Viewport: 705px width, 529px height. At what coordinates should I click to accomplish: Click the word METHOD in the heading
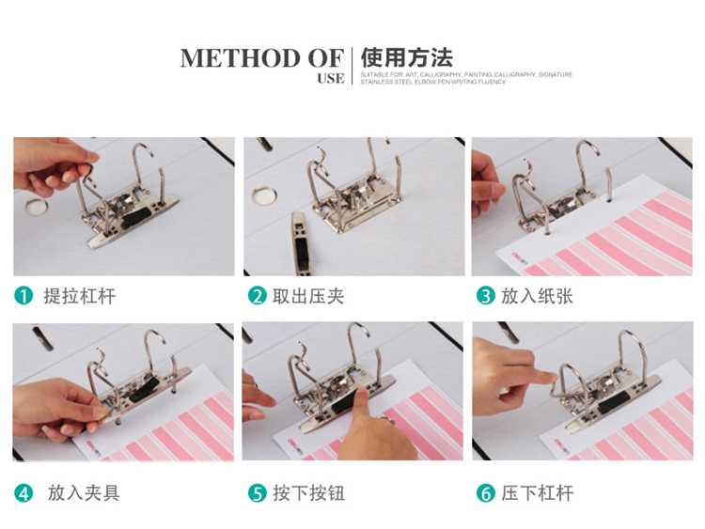click(241, 58)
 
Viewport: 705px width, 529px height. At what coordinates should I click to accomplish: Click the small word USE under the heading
click(331, 79)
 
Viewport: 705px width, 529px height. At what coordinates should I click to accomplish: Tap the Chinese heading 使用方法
click(406, 57)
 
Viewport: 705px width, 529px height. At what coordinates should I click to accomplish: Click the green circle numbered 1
click(23, 296)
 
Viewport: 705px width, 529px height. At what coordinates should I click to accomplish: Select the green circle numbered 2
click(258, 296)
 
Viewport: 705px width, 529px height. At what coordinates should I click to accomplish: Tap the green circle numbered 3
click(486, 296)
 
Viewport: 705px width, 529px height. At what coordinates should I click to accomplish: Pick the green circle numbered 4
click(23, 493)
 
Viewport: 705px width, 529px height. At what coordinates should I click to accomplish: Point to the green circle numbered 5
click(258, 493)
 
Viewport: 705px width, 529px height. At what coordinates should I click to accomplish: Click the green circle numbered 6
click(486, 493)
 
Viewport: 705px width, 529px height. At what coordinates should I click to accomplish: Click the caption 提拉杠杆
click(80, 296)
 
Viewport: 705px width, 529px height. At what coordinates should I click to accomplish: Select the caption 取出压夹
click(308, 296)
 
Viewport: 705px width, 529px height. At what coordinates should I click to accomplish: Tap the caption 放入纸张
click(537, 296)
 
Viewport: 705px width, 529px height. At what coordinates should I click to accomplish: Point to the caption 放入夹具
click(84, 493)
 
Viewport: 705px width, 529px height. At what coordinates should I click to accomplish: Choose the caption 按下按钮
click(309, 493)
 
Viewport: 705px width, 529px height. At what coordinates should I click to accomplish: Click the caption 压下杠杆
click(538, 493)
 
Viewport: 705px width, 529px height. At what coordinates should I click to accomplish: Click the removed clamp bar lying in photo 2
click(301, 243)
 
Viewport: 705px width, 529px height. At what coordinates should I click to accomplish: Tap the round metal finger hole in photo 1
click(36, 206)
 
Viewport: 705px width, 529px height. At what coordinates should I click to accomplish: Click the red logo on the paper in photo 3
click(519, 257)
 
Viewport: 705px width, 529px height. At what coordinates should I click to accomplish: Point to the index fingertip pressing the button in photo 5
click(360, 393)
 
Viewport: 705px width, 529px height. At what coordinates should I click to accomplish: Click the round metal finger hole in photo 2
click(264, 195)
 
